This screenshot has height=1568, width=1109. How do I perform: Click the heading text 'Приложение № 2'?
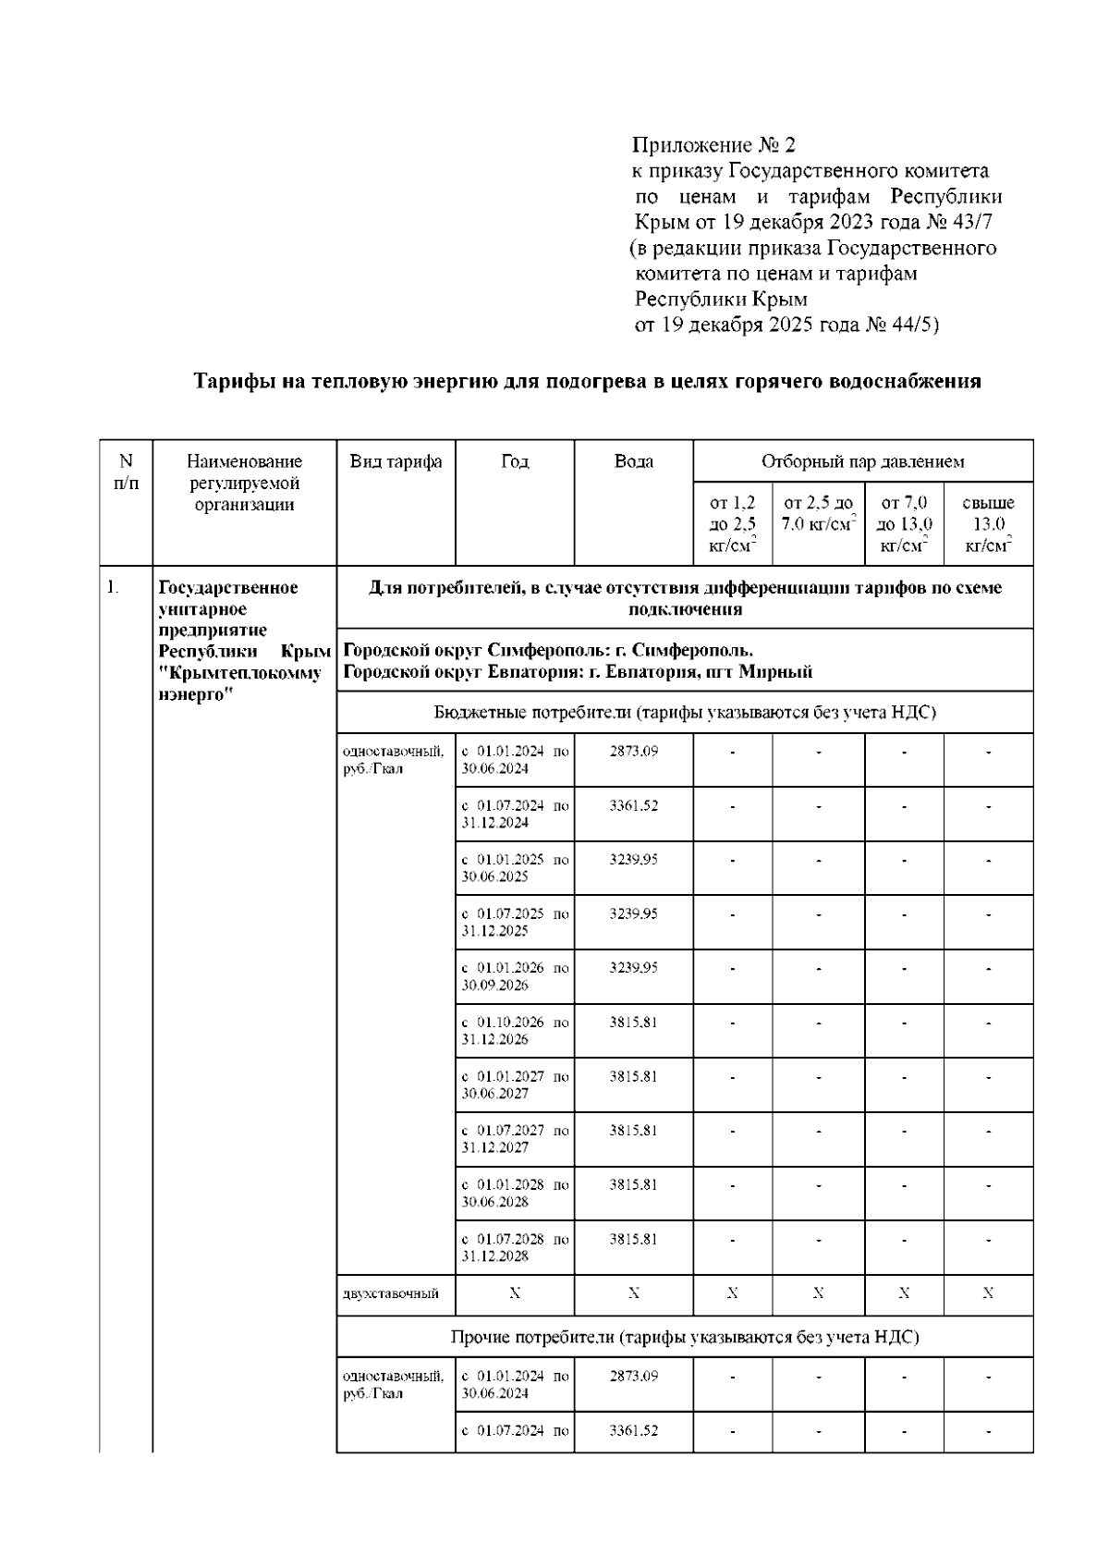713,145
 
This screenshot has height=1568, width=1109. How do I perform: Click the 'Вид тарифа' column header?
396,461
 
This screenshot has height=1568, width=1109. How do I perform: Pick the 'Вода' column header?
633,461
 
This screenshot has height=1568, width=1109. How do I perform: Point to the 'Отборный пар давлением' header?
862,461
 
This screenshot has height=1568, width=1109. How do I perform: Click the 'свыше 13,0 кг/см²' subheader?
988,524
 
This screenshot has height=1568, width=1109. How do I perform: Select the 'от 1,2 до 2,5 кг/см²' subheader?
732,524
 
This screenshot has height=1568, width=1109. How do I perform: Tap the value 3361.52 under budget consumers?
633,806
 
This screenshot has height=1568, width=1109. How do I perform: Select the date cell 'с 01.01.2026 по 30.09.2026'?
515,976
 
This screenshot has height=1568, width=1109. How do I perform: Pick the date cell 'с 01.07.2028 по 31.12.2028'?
515,1247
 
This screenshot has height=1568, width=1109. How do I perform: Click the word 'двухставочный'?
390,1293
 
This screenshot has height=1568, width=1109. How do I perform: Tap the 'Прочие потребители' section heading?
684,1337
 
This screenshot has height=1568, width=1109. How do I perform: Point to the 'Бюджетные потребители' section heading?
684,712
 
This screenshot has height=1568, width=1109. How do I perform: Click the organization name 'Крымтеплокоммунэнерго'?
240,682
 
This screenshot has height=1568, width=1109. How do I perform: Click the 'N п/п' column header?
126,472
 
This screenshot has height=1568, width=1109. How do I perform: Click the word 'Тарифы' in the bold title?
228,381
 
